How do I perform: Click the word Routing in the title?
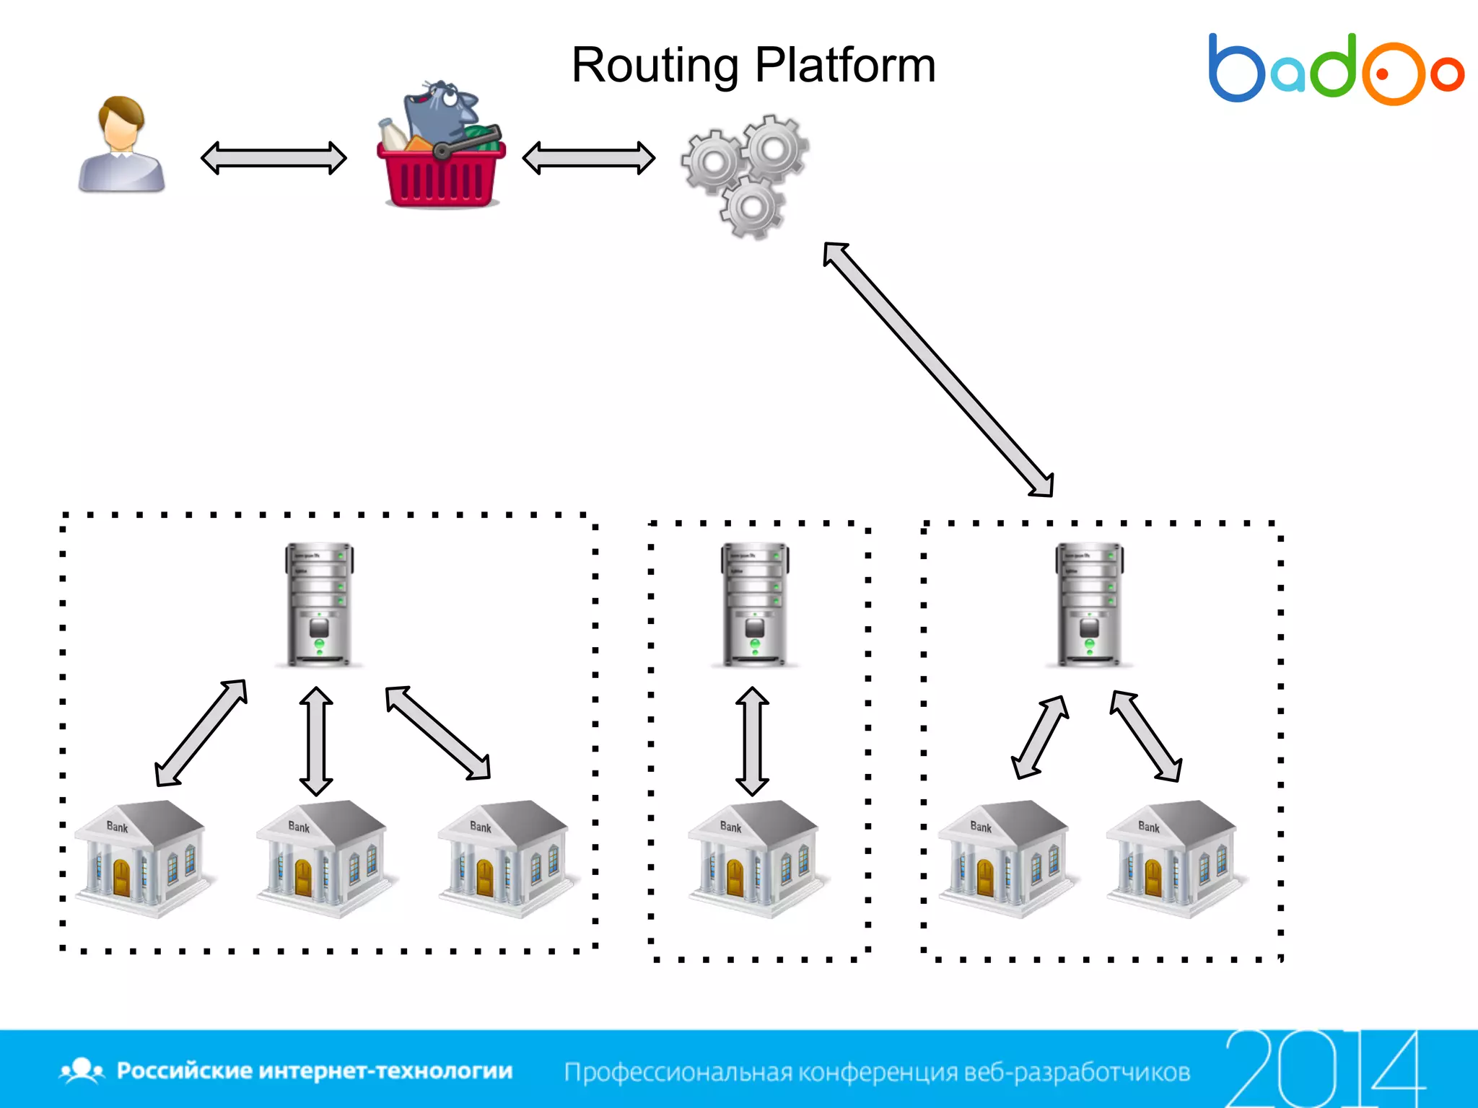(654, 66)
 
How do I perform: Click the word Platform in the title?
(845, 66)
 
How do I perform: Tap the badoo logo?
(1335, 70)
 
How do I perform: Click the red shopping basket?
(441, 170)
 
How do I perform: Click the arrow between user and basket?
(274, 158)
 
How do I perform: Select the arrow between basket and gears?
(588, 158)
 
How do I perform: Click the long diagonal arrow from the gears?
(938, 369)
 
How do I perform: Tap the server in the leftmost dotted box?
(319, 604)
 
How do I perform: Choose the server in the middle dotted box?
(754, 604)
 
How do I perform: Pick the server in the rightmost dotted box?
(1089, 604)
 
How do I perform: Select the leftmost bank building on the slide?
(141, 858)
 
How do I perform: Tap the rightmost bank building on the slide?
(1172, 858)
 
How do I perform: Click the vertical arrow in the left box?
(316, 741)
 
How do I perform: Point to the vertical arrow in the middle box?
(752, 741)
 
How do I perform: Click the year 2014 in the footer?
(1324, 1069)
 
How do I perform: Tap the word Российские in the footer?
(185, 1070)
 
